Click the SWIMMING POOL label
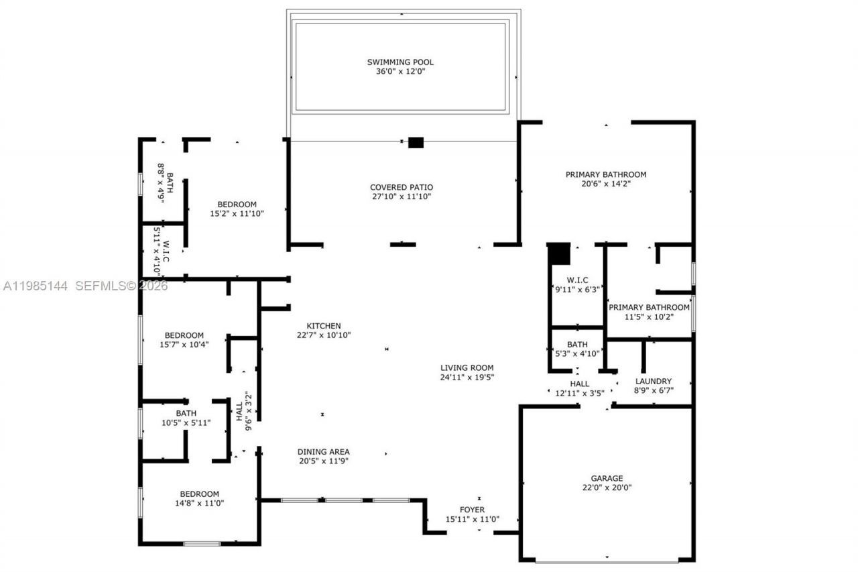tap(400, 62)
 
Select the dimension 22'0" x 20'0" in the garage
tap(607, 488)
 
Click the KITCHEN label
tap(324, 326)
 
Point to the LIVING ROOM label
tap(467, 367)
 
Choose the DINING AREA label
tap(323, 452)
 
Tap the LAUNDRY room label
tap(653, 382)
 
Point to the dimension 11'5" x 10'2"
tap(648, 317)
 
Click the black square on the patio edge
tap(416, 142)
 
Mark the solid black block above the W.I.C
tap(558, 255)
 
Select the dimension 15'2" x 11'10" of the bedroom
tap(237, 214)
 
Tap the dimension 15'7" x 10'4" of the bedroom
tap(184, 345)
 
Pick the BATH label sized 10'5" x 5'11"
tap(186, 414)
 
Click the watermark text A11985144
tap(35, 286)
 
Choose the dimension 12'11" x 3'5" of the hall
tap(579, 393)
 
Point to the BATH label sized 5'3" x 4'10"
tap(577, 345)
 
